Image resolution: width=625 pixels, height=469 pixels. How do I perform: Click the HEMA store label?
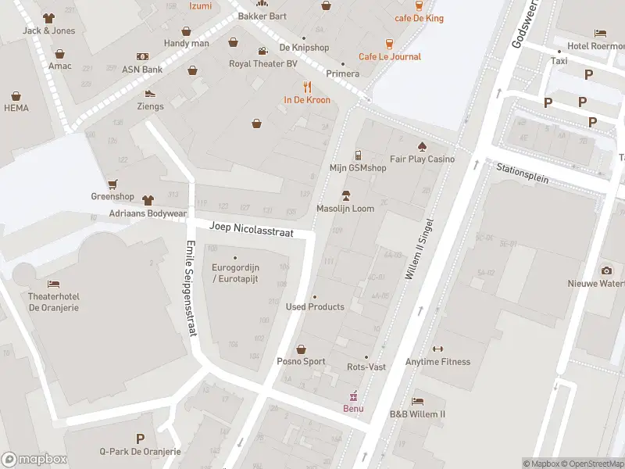(16, 107)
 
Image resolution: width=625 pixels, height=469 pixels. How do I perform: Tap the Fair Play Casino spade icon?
(422, 146)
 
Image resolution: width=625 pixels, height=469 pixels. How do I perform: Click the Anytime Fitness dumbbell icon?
(437, 349)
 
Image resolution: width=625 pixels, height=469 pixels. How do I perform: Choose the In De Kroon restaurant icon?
(307, 87)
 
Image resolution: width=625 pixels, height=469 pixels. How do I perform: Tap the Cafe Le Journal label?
(389, 56)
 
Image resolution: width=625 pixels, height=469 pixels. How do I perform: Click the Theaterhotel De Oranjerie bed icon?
(54, 284)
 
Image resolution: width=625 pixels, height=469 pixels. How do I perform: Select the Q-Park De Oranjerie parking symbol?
(140, 439)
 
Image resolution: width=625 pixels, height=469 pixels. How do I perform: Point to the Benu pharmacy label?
(353, 408)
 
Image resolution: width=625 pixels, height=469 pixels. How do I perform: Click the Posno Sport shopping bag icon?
(301, 349)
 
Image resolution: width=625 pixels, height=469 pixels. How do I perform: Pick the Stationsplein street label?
(523, 173)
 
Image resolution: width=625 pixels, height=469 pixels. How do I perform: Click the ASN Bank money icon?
(142, 56)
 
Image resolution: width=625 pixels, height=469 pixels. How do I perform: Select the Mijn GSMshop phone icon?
(358, 155)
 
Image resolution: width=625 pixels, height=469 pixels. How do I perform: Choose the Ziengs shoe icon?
(150, 93)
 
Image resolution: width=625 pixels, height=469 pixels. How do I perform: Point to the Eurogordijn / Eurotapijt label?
(235, 273)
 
